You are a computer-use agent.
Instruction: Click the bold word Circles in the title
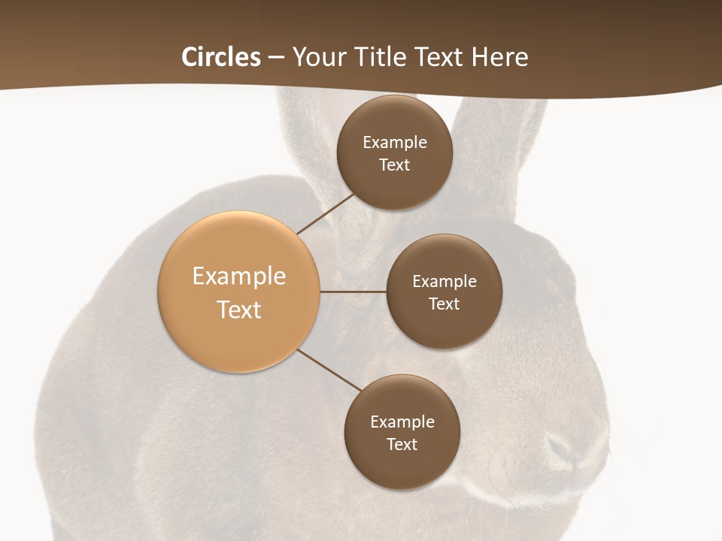(221, 57)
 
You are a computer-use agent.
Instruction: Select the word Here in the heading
(499, 57)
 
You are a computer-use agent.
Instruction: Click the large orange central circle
(239, 292)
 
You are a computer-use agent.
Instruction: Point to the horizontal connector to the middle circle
(353, 292)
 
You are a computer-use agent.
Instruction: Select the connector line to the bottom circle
(329, 370)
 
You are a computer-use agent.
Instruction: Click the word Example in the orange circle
(239, 276)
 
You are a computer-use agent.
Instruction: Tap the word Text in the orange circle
(239, 310)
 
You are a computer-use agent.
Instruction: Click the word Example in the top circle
(395, 142)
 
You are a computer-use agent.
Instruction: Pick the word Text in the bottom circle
(402, 444)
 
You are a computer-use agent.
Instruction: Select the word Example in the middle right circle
(444, 281)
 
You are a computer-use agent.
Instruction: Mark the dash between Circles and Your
(275, 58)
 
